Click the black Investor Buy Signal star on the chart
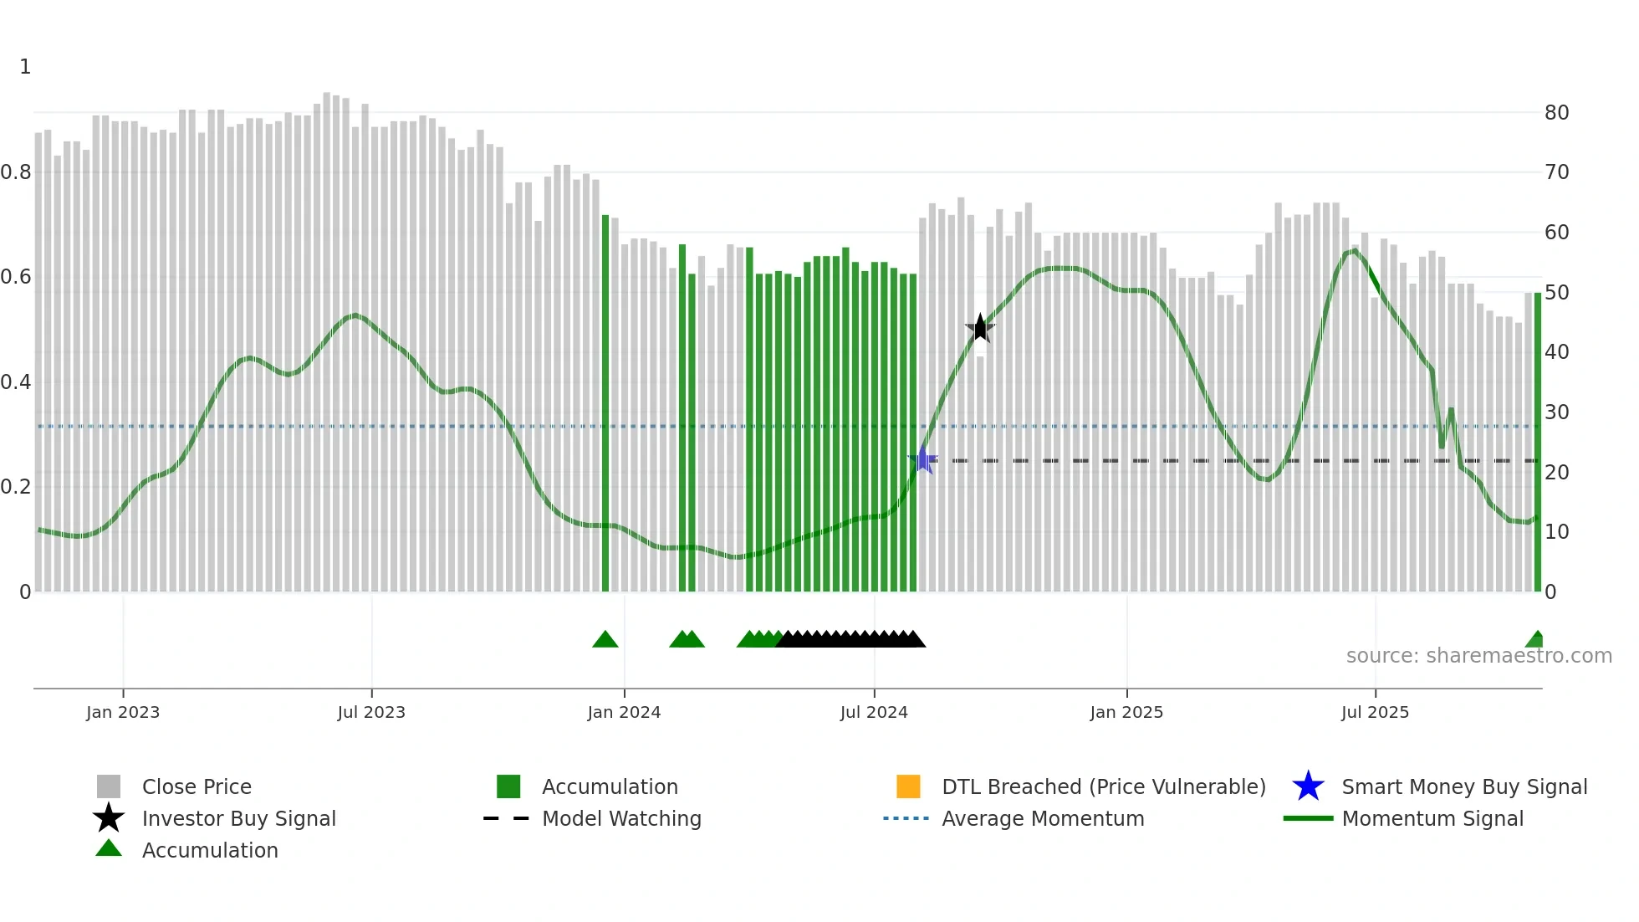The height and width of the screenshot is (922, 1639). point(980,328)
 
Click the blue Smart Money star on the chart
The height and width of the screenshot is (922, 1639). point(923,459)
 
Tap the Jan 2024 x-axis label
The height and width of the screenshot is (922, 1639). point(624,712)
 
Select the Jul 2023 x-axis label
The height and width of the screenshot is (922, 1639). point(371,712)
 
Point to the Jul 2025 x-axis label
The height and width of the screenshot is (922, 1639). point(1375,712)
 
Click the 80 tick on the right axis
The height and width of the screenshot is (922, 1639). point(1556,113)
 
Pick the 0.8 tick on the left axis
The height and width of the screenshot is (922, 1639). point(16,172)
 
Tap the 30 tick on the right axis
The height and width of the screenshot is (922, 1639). point(1556,412)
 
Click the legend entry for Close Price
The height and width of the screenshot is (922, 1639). point(197,786)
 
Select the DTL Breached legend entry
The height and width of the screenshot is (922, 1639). point(1103,786)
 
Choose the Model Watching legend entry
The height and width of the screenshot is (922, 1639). point(621,818)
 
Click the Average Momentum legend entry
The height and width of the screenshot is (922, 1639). point(1043,818)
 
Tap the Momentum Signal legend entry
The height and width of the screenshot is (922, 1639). point(1432,818)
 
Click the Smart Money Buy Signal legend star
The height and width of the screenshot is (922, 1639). point(1309,786)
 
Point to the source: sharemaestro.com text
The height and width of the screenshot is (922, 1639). point(1478,656)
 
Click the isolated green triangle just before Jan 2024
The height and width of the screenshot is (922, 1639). point(605,640)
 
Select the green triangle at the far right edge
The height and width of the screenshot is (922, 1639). point(1535,640)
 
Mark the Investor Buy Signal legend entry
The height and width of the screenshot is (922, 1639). point(238,818)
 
